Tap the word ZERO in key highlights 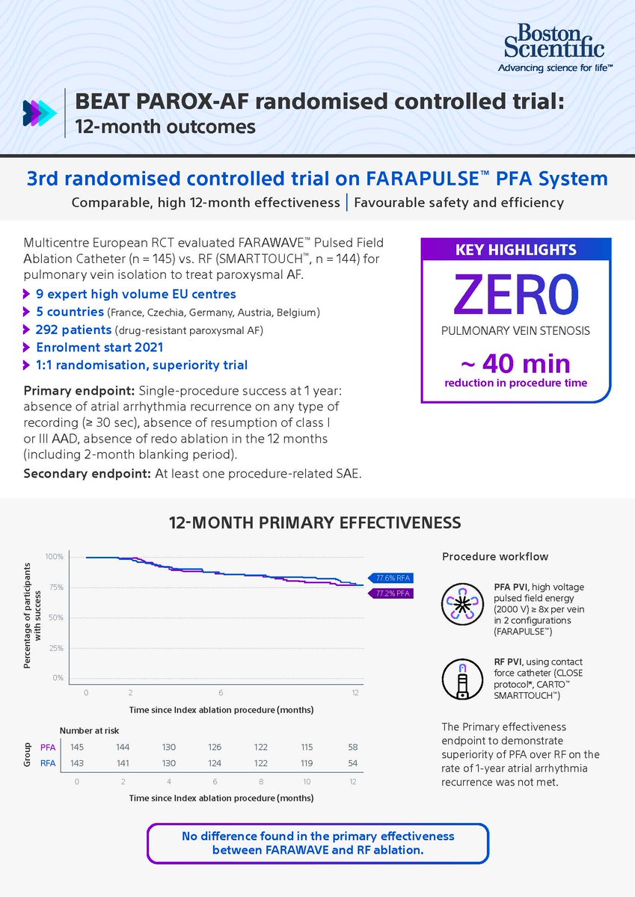(x=516, y=294)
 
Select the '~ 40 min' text (x=516, y=364)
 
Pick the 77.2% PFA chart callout (x=391, y=594)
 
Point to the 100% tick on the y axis (x=54, y=557)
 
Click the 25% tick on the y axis (x=57, y=648)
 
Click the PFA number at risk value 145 (x=76, y=747)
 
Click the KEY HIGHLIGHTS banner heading (x=516, y=250)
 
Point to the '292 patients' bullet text (x=68, y=330)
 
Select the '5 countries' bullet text (x=67, y=312)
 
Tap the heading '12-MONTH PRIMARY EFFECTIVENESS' (x=317, y=521)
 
